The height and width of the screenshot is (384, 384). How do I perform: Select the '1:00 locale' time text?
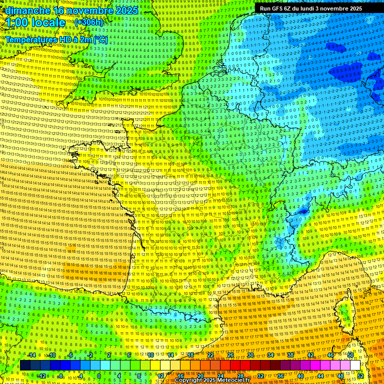coord(35,22)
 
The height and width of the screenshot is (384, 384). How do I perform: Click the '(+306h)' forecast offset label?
coord(89,22)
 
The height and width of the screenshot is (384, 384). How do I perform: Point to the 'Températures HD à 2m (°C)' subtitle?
coord(56,39)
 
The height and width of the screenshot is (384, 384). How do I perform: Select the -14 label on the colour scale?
coord(31,355)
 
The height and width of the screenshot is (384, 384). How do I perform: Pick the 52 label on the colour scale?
coord(360,375)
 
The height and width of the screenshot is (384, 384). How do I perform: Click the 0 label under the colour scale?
coord(98,375)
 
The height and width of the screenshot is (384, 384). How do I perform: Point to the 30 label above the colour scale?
coord(250,355)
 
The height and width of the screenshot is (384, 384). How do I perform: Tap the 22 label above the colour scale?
coord(210,355)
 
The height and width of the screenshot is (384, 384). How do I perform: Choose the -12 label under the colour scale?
coord(41,375)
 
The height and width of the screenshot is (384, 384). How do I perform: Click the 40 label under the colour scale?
coord(300,375)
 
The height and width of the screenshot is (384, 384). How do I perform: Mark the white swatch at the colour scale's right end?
coord(355,365)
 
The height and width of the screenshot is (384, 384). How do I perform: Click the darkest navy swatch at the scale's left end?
coord(25,365)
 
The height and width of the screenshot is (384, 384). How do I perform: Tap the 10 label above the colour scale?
coord(150,355)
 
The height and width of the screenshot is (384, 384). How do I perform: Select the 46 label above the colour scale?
coord(330,355)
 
